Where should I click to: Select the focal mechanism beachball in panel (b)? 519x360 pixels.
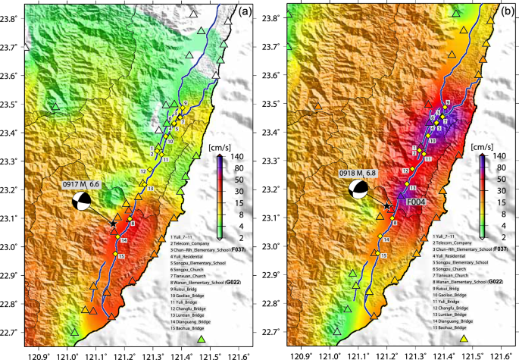pyautogui.click(x=358, y=191)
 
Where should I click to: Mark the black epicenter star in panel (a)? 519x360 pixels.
pyautogui.click(x=113, y=224)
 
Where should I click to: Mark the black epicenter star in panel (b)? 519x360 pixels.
pyautogui.click(x=387, y=205)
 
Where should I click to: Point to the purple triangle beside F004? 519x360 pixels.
pyautogui.click(x=402, y=195)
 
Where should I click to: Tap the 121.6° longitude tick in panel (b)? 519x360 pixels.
pyautogui.click(x=499, y=352)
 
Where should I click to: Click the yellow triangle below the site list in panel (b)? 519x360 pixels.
pyautogui.click(x=464, y=338)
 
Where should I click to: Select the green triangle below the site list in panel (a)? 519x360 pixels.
pyautogui.click(x=202, y=340)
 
